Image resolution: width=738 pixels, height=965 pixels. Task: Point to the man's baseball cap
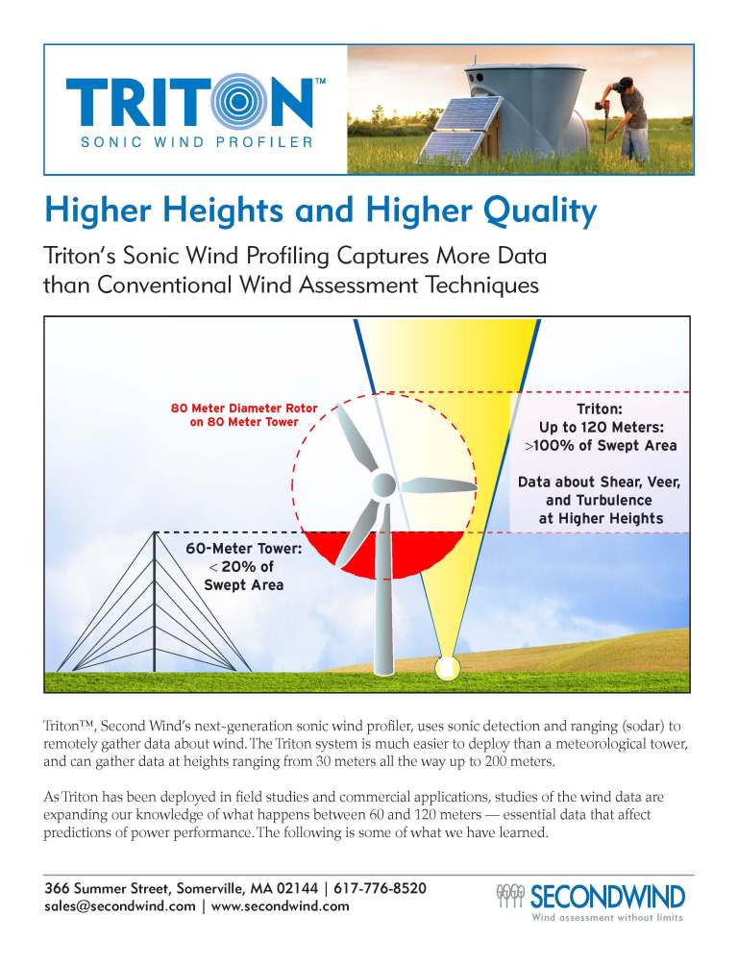626,82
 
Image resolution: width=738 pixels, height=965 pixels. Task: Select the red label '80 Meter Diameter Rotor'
244,408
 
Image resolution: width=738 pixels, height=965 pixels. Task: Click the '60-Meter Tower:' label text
244,548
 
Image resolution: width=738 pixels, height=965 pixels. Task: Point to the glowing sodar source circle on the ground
446,667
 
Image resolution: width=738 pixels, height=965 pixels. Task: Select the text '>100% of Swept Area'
601,446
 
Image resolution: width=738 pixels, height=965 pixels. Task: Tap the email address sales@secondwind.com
120,906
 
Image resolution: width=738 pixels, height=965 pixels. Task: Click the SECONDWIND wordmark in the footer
607,897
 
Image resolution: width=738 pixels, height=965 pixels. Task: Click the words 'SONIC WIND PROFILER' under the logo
197,142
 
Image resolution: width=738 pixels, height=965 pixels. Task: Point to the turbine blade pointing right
437,485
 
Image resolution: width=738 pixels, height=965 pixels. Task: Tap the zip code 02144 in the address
297,888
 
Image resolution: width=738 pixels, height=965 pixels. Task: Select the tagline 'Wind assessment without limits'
607,918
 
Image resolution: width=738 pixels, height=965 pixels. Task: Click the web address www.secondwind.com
280,906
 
